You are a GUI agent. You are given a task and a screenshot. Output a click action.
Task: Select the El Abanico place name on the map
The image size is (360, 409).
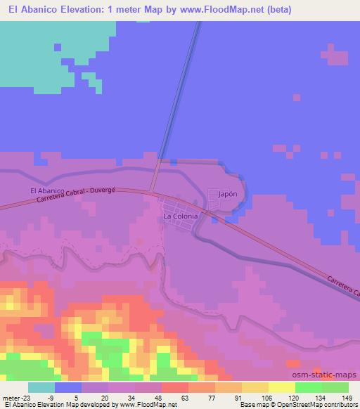coord(47,190)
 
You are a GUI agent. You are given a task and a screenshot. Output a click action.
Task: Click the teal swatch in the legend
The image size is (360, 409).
coord(41,387)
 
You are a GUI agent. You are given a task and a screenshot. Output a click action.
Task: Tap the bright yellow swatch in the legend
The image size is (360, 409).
coord(281,387)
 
